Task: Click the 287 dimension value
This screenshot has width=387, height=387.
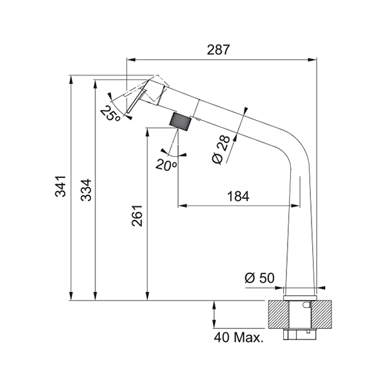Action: click(x=218, y=50)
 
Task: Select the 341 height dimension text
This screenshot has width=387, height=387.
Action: click(x=61, y=186)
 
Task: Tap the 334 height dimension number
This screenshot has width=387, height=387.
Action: click(x=86, y=190)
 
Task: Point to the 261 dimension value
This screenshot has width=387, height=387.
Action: click(x=137, y=215)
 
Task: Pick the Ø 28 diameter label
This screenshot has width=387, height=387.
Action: click(x=221, y=150)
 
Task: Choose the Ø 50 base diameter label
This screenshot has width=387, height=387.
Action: click(x=259, y=278)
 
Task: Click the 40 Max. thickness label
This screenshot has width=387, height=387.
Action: click(x=239, y=337)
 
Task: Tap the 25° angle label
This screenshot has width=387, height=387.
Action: click(x=110, y=114)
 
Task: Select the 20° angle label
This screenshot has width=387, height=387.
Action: click(x=166, y=164)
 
